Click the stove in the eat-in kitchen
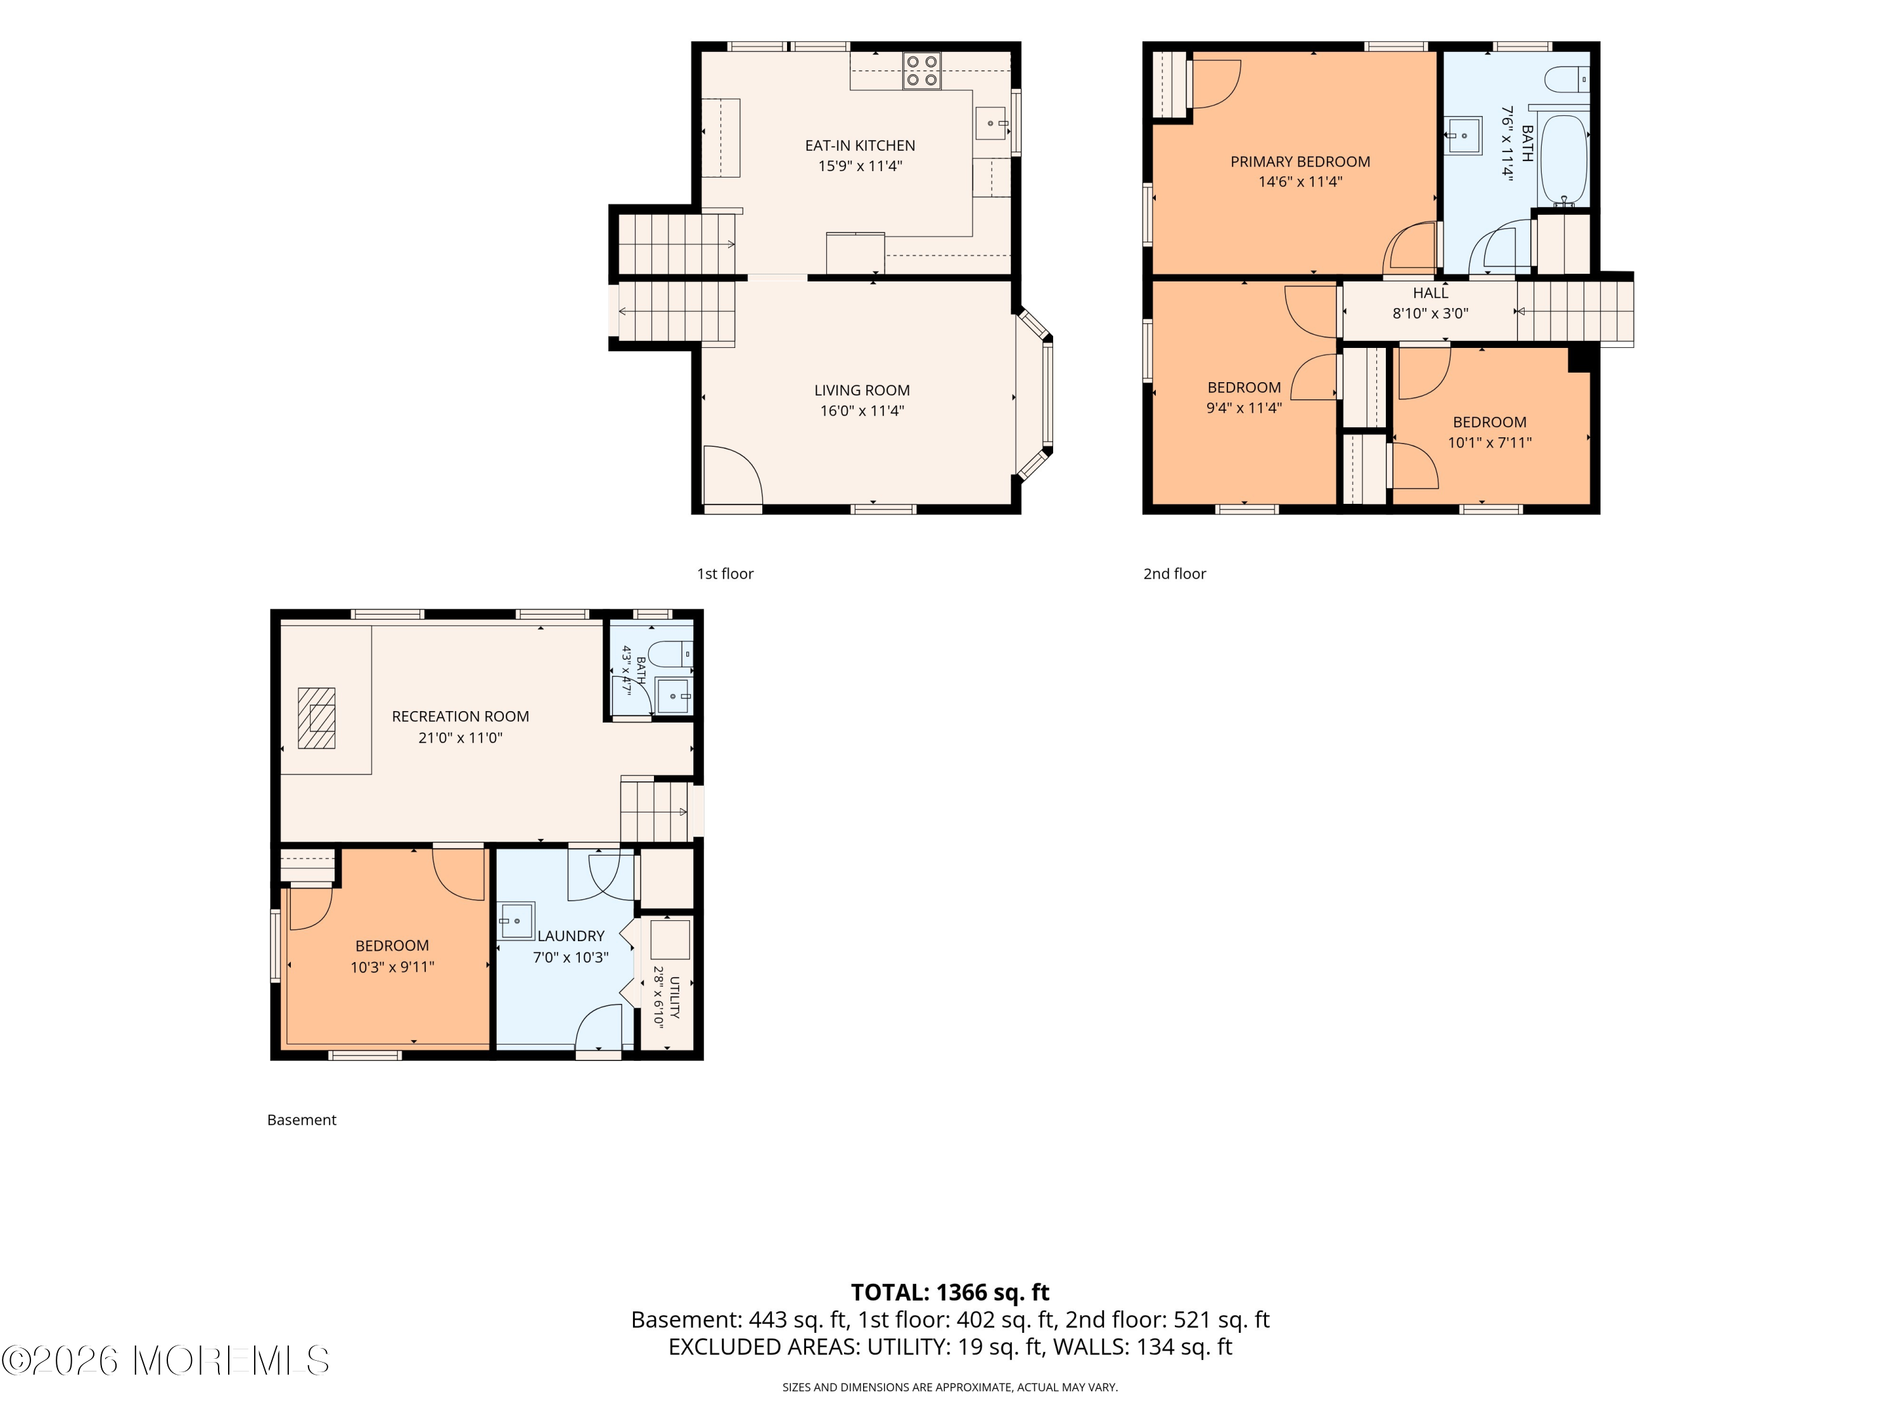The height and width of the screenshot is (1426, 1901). [921, 70]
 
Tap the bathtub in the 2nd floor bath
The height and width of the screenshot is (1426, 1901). [1563, 160]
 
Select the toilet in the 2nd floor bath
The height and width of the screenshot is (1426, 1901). [1566, 80]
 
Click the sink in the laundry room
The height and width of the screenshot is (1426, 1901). [516, 921]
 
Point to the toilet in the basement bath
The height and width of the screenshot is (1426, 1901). [670, 654]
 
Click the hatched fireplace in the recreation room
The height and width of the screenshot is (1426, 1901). [316, 717]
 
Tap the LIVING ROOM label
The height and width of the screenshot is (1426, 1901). [862, 390]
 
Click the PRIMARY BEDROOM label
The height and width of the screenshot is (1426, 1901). [1300, 162]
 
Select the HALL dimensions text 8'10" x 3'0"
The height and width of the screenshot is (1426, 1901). [1430, 314]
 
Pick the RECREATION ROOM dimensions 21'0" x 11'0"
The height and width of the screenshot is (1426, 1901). [461, 738]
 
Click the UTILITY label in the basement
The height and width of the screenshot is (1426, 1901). [675, 997]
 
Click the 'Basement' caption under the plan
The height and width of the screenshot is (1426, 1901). [302, 1120]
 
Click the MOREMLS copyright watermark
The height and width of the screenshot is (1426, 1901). [165, 1361]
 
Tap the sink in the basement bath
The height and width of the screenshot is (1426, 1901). [673, 695]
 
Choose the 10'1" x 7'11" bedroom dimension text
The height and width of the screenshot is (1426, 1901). [1489, 442]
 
